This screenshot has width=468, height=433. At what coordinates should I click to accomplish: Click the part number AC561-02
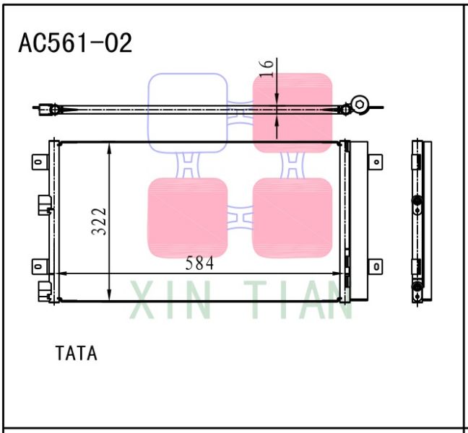[x=75, y=43]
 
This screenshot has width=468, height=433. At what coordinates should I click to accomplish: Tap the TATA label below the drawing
[x=76, y=354]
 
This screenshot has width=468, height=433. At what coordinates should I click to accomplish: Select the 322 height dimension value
[x=99, y=222]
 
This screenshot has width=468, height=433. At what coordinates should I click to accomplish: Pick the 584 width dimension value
[x=199, y=263]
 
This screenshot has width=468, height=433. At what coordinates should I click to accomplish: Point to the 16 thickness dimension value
[x=266, y=67]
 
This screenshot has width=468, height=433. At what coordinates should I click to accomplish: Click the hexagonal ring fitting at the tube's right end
[x=360, y=105]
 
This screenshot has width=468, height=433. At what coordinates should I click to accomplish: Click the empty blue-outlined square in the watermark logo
[x=188, y=112]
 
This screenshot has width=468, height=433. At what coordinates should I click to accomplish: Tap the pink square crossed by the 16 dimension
[x=292, y=112]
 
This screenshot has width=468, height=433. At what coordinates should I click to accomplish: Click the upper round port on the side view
[x=417, y=201]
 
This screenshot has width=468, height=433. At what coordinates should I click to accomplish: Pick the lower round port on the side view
[x=417, y=287]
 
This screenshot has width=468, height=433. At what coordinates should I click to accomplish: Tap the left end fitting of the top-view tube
[x=52, y=110]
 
